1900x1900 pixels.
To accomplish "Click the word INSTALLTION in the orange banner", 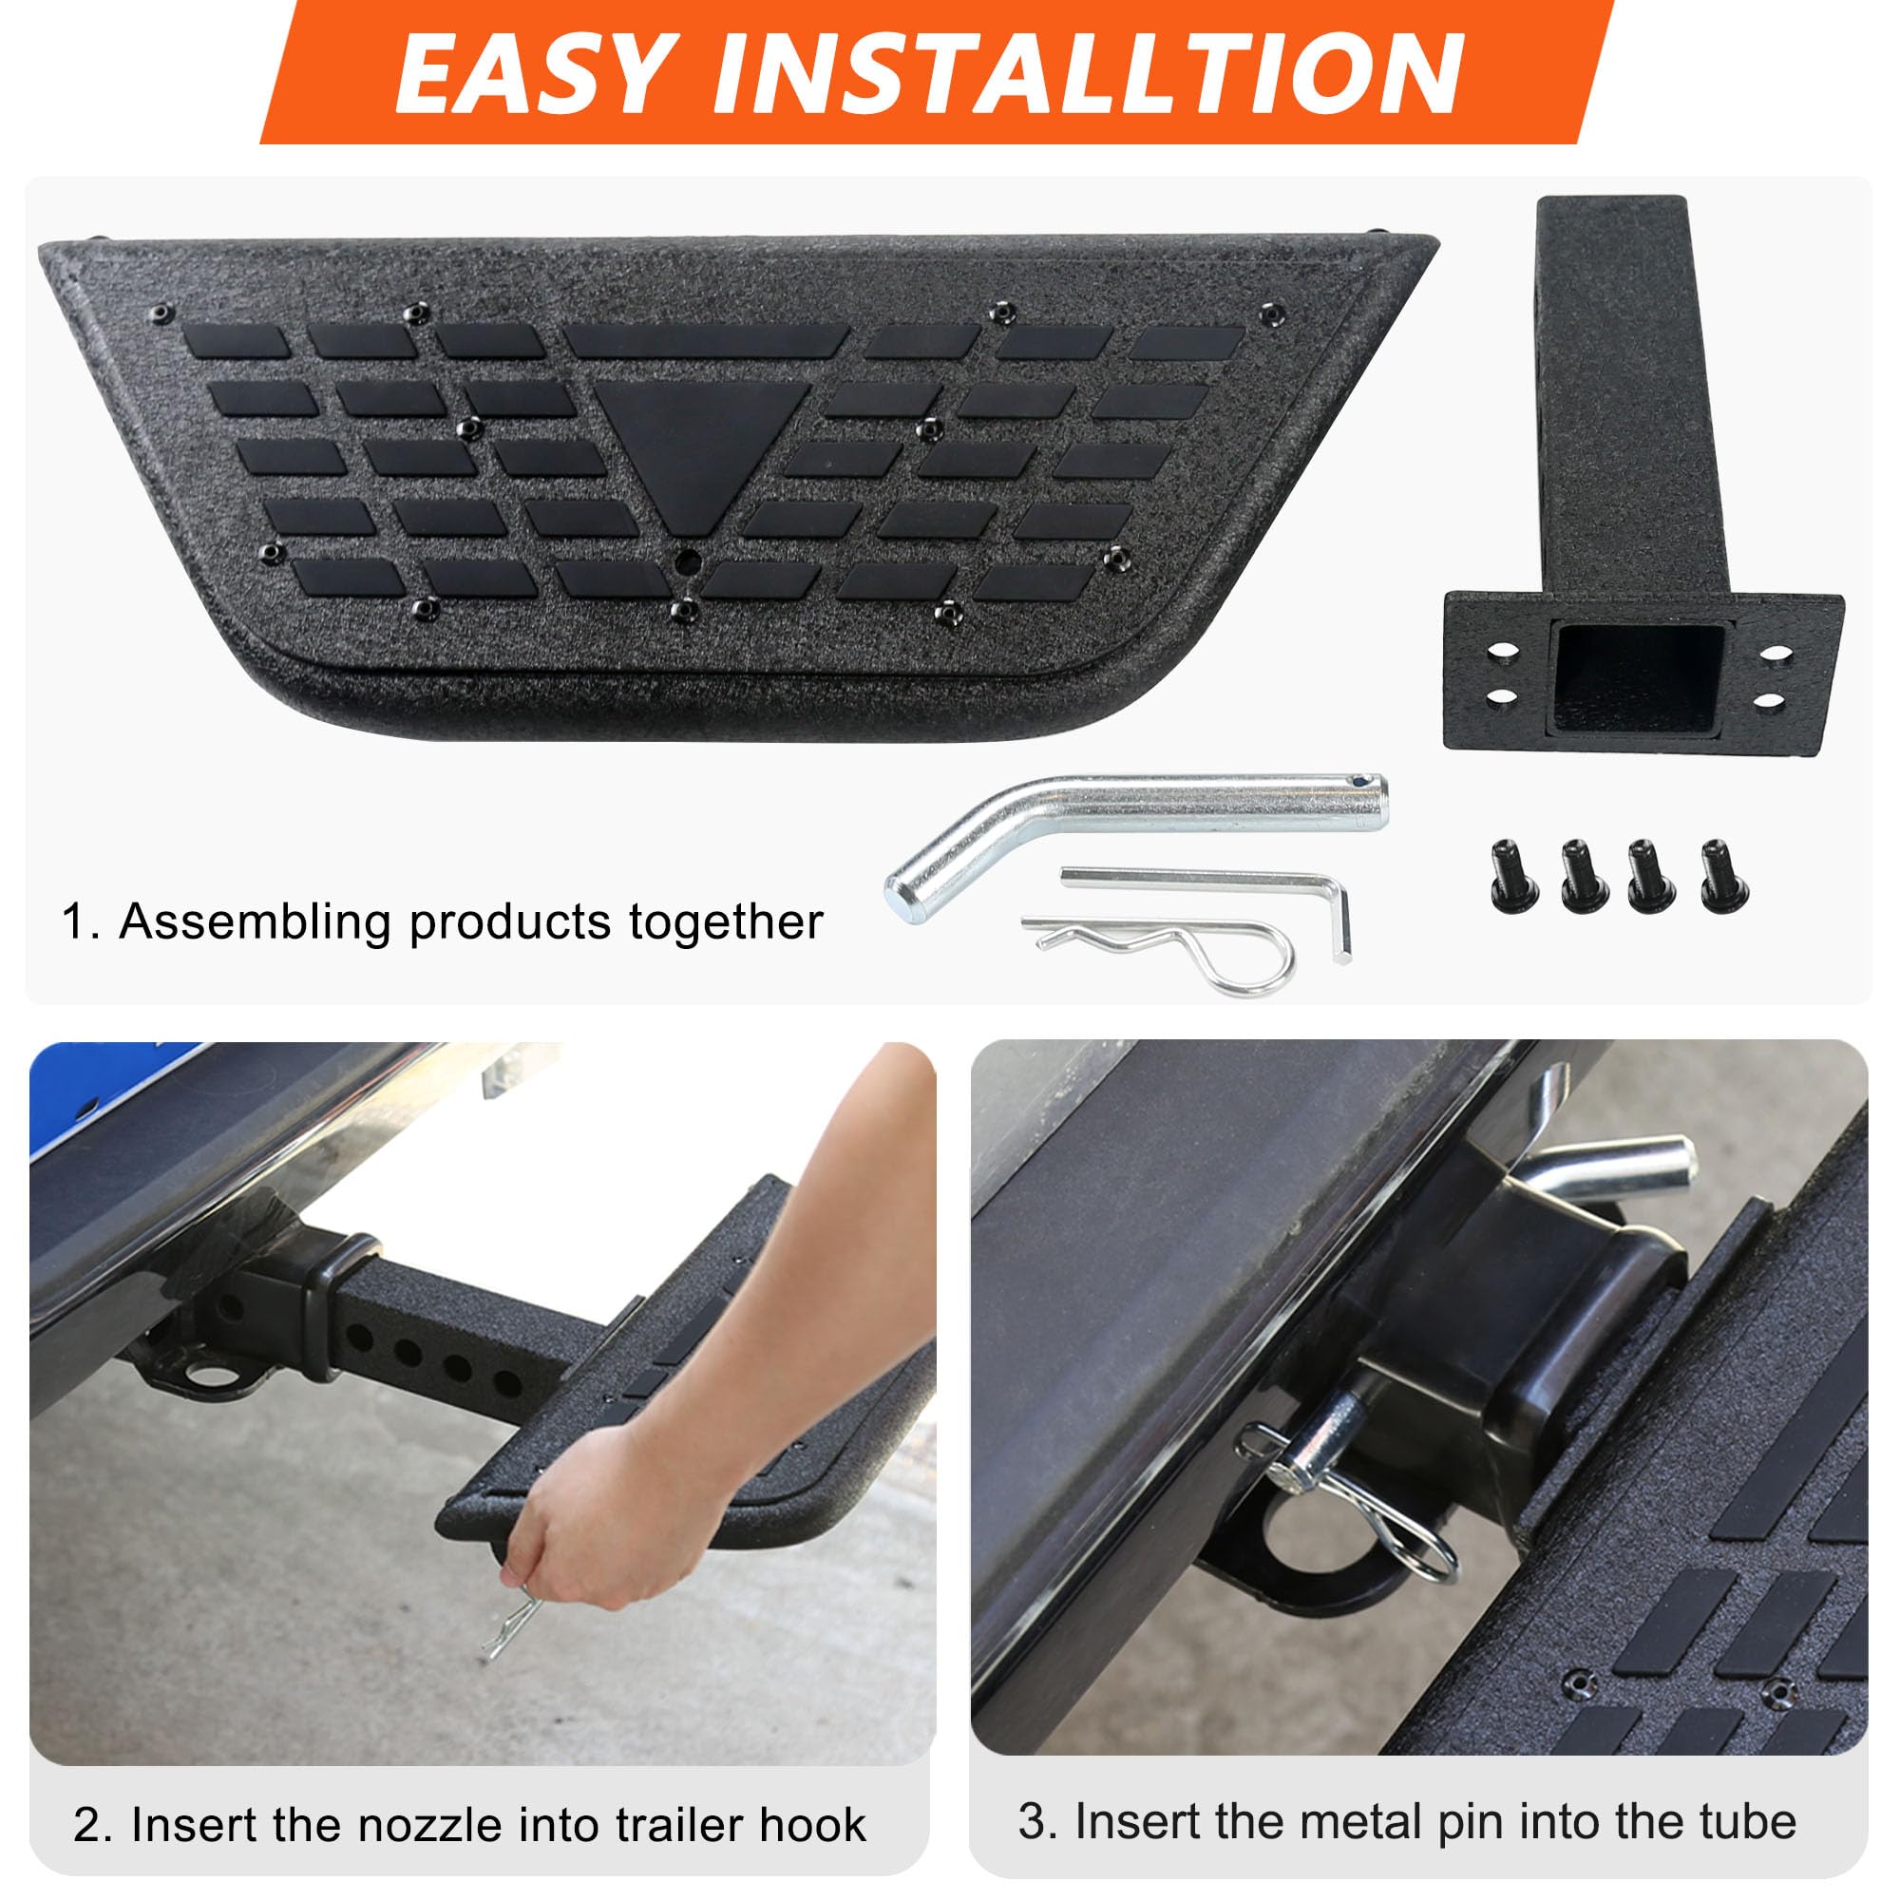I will (1089, 75).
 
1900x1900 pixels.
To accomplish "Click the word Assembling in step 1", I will (256, 922).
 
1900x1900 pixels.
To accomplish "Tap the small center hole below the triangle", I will (689, 562).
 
